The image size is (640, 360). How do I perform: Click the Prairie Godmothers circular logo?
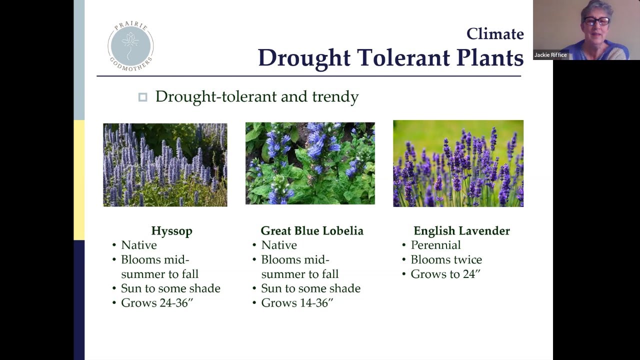(x=130, y=46)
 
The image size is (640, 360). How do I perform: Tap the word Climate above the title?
(x=495, y=34)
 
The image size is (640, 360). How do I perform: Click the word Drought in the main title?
(x=304, y=58)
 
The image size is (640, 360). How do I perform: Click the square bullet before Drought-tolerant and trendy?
(x=143, y=97)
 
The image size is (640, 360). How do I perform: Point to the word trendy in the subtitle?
(x=335, y=96)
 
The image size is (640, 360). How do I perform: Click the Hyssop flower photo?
(x=165, y=165)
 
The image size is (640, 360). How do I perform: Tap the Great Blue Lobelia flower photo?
(x=310, y=163)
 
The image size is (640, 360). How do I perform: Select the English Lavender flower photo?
(x=458, y=163)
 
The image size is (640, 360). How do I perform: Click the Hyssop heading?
(x=171, y=231)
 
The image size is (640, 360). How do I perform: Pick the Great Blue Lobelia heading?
(x=312, y=230)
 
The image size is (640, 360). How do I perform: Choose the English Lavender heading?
(x=461, y=231)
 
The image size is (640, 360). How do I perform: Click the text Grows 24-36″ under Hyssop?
(x=157, y=302)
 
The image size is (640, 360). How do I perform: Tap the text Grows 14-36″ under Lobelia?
(x=297, y=302)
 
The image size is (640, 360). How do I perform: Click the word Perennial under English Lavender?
(x=435, y=245)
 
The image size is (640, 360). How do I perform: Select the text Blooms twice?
(x=446, y=259)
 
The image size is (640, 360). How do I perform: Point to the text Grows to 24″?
(x=445, y=274)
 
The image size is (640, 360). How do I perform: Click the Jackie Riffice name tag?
(x=550, y=55)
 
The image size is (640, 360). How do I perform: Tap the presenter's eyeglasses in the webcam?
(x=597, y=21)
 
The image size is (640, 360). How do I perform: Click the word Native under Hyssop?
(x=139, y=245)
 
